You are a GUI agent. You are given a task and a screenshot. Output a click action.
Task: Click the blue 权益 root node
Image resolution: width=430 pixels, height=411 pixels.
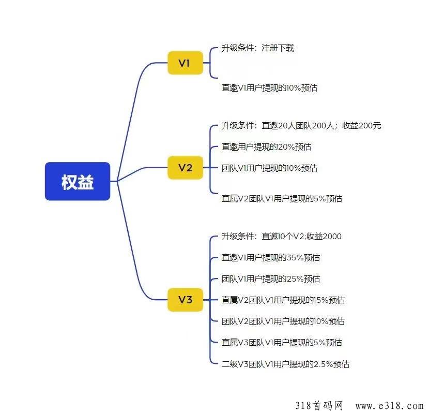[x=78, y=181]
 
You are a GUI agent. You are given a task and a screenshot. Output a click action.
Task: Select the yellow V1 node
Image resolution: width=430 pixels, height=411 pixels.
[x=186, y=63]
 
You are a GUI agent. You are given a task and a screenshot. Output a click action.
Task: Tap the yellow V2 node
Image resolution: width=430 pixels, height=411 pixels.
[x=186, y=168]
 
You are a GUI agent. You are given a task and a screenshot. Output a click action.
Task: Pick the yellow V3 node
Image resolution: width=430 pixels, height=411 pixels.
[x=186, y=300]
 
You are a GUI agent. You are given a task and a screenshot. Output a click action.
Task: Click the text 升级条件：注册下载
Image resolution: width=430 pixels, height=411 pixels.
[x=258, y=48]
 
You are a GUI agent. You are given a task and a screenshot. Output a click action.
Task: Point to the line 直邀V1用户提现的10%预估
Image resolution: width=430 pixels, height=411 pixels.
[x=270, y=88]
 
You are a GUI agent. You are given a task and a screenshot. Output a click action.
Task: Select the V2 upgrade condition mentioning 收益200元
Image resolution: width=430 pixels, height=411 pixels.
[x=301, y=126]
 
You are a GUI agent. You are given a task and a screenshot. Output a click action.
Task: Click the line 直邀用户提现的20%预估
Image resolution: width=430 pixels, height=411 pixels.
[x=266, y=146]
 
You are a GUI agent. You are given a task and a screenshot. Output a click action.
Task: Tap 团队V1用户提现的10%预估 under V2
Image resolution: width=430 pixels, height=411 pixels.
[x=270, y=168]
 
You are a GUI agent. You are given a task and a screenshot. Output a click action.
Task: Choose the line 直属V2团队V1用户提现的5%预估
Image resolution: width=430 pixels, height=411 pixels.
[x=282, y=198]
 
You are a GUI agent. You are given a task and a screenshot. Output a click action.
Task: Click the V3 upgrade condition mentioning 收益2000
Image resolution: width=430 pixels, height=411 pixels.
[x=282, y=236]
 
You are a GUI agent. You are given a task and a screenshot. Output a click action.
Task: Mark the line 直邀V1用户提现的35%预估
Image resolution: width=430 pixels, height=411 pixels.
[x=271, y=257]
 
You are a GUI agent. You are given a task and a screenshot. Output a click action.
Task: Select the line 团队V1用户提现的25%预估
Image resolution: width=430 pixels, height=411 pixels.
[x=271, y=279]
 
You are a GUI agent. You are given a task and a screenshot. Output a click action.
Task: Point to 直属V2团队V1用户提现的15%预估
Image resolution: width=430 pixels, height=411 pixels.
[x=283, y=300]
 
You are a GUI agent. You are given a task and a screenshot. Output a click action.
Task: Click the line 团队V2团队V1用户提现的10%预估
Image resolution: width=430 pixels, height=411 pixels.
[x=283, y=321]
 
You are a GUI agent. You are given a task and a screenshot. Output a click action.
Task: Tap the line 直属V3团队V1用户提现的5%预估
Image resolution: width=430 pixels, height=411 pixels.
[x=282, y=342]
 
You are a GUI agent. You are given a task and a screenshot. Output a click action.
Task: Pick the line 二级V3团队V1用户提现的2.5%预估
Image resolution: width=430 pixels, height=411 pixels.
[x=285, y=364]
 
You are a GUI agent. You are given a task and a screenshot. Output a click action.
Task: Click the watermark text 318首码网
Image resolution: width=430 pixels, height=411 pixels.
[x=319, y=405]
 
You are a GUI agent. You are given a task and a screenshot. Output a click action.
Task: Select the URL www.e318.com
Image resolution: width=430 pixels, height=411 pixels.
[x=390, y=406]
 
